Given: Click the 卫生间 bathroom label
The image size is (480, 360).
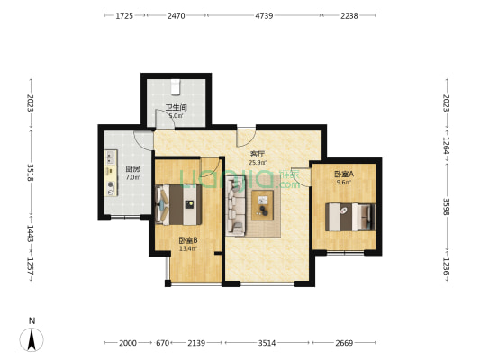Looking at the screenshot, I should (175, 108).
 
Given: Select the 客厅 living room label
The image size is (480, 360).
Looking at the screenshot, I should (257, 154).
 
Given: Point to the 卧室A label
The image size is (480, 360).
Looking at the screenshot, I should (343, 173).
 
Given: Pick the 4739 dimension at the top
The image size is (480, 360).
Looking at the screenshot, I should (265, 15).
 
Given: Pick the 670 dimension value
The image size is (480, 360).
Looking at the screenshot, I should (163, 343).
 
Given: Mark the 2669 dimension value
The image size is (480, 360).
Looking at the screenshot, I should (345, 343).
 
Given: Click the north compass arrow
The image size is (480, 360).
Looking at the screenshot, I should (32, 337).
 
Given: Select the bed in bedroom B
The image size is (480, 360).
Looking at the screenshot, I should (178, 203).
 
